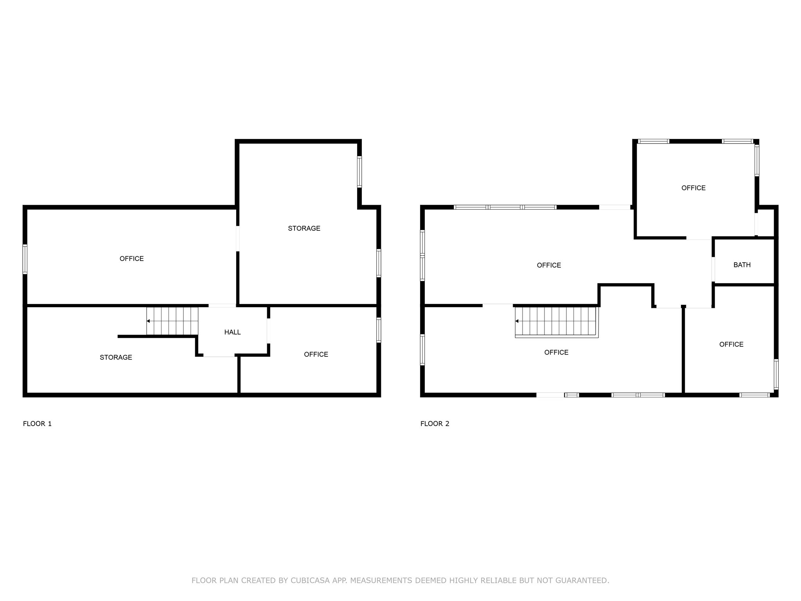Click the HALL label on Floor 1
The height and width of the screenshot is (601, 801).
click(232, 332)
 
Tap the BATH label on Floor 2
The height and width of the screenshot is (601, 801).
click(742, 265)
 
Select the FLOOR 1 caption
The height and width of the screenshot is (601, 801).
click(37, 423)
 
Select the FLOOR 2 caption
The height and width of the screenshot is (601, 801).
click(435, 423)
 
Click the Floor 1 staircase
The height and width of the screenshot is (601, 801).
click(172, 321)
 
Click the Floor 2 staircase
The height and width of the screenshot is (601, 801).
click(557, 322)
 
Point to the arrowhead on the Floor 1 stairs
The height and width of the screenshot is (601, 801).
click(148, 321)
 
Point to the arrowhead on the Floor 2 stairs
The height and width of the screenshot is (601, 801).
click(517, 321)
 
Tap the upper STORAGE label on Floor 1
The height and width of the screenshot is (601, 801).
click(304, 229)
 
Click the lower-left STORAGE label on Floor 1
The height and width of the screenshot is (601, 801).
click(116, 357)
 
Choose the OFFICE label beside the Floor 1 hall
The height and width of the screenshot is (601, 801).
click(316, 354)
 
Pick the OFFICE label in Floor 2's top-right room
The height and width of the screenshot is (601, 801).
click(693, 188)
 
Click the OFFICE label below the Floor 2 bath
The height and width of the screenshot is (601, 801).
click(731, 344)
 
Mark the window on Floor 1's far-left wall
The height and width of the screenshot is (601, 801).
click(25, 259)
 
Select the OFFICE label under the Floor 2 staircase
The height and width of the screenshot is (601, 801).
click(556, 353)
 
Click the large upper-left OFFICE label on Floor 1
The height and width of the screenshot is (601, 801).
click(131, 259)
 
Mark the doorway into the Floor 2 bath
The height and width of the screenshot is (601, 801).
click(713, 269)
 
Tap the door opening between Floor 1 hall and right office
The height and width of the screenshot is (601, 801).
click(269, 331)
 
